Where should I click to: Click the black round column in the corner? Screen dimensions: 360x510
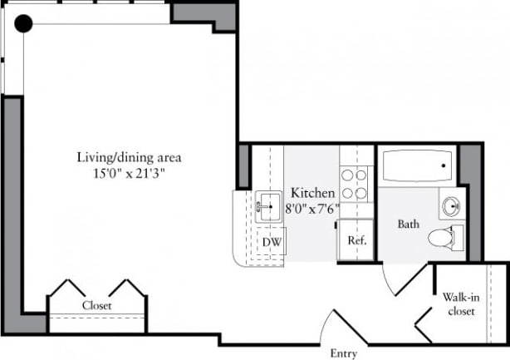coord(23,23)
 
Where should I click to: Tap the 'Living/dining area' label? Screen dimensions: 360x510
coord(129,157)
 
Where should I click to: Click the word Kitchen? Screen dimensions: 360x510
coord(312,193)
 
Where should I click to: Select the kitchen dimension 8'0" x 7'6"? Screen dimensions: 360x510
coord(312,208)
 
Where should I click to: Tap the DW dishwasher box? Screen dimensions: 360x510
coord(270,241)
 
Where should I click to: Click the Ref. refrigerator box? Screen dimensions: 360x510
coord(356,241)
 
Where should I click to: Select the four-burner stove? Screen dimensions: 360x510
coord(356,183)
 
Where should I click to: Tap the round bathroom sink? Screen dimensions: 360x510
coord(452,205)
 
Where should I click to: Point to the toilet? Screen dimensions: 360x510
coord(444,237)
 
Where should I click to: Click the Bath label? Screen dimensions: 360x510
coord(408,224)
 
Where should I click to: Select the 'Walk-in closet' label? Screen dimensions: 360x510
coord(459,303)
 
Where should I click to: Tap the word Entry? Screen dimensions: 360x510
coord(343,353)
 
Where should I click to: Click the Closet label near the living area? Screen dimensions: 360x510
coord(96,305)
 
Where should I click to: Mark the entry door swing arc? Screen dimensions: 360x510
coord(328,320)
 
